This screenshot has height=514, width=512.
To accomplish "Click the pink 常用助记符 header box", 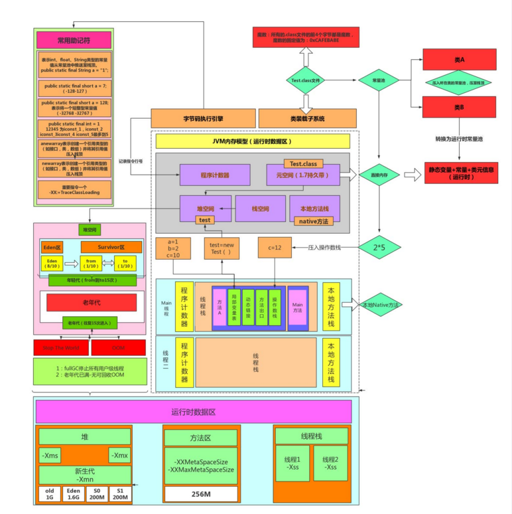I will [x=74, y=40].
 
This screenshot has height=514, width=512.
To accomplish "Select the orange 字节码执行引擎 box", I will [x=203, y=119].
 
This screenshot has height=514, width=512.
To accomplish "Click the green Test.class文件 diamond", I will [x=306, y=80].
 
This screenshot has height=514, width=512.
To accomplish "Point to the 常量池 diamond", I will [x=378, y=80].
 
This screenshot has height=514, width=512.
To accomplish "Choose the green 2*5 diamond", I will [x=379, y=247].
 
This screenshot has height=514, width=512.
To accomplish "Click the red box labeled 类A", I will [x=459, y=59].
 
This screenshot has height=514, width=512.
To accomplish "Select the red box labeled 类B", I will [x=459, y=106].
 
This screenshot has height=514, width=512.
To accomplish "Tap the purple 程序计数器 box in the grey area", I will [x=214, y=175].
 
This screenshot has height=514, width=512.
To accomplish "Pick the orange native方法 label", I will [x=314, y=221].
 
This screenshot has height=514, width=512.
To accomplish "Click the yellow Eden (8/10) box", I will [x=52, y=264].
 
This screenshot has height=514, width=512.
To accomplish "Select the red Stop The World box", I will [x=61, y=347].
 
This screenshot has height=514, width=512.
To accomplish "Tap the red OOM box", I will [x=118, y=347].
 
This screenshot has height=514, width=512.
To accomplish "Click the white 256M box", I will [x=200, y=494].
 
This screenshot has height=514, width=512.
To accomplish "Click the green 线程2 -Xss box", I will [x=330, y=463].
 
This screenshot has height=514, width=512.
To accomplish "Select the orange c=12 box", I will [x=275, y=248].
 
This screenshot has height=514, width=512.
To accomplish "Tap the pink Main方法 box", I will [x=298, y=308].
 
